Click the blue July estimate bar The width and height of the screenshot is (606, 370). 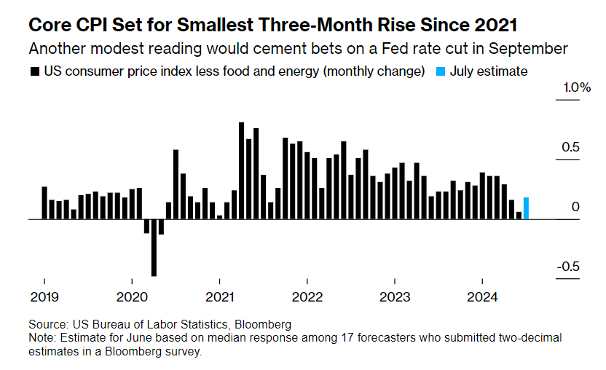tap(526, 208)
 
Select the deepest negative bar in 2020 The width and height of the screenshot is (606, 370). tap(154, 248)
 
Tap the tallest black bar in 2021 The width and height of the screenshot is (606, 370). tap(242, 170)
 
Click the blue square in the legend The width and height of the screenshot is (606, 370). tap(440, 71)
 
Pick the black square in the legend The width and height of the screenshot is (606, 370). tap(34, 71)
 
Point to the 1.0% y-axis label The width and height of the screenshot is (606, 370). tap(575, 87)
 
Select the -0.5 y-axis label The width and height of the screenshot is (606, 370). tap(568, 266)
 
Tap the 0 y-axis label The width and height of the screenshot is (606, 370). tap(575, 207)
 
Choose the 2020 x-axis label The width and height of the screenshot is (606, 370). tap(131, 296)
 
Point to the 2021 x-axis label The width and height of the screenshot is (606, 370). tap(219, 296)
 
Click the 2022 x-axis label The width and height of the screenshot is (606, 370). tap(307, 296)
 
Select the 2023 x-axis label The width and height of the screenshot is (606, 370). tap(395, 296)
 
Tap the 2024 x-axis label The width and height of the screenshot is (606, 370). tap(482, 296)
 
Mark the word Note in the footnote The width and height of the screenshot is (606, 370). tap(41, 339)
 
